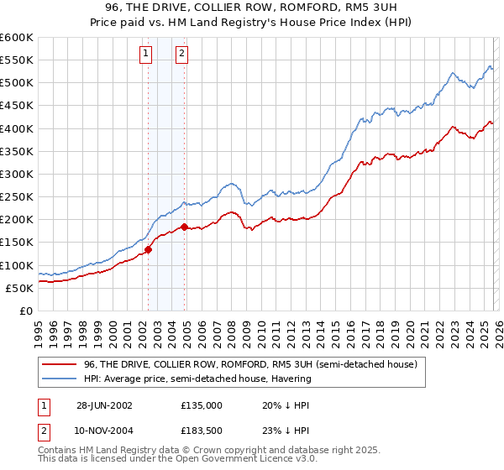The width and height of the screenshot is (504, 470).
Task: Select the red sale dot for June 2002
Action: click(148, 248)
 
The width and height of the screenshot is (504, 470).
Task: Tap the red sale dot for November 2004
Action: click(184, 227)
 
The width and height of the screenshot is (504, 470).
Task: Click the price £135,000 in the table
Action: click(202, 405)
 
